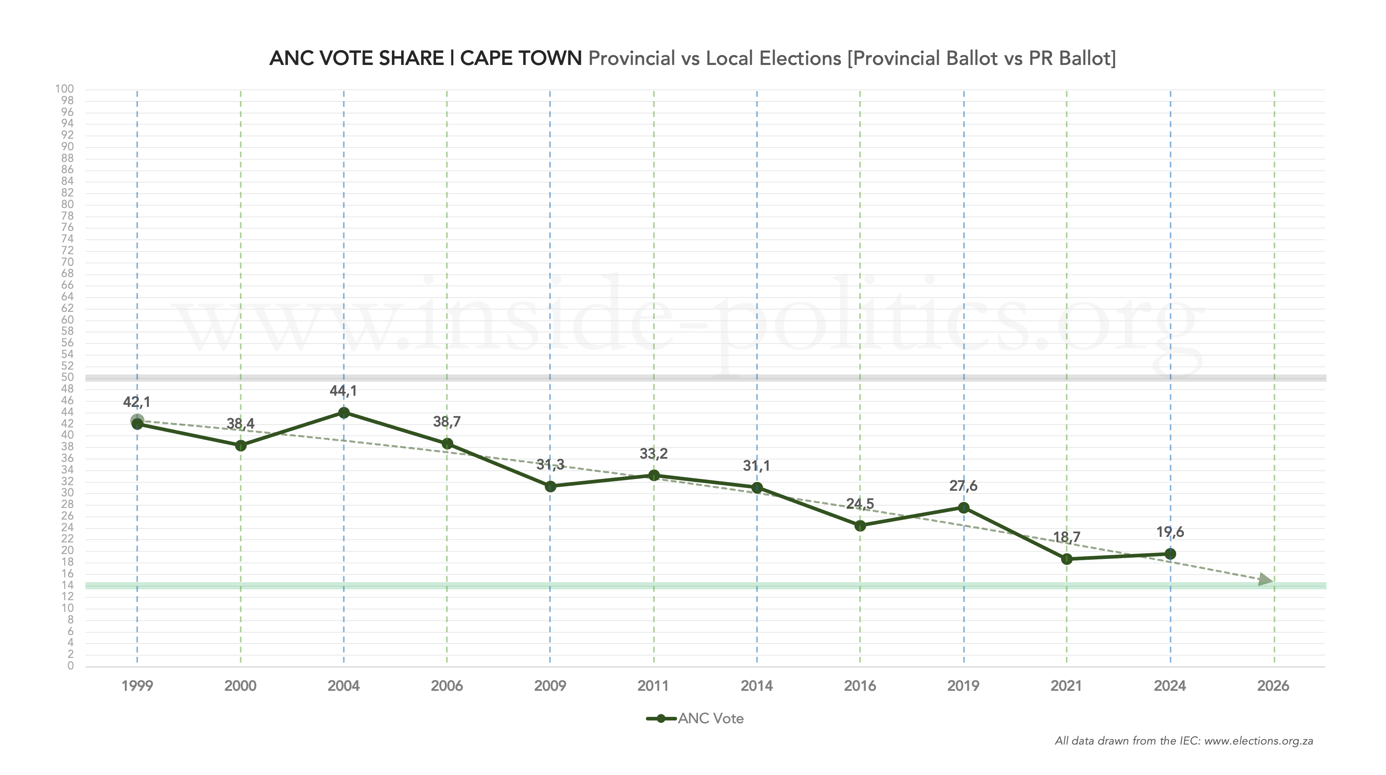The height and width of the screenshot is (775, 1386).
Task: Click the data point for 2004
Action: click(x=344, y=413)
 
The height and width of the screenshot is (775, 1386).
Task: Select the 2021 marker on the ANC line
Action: click(x=1067, y=559)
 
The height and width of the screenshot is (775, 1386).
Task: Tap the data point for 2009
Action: click(x=550, y=487)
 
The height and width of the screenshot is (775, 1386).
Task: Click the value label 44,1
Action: click(x=343, y=391)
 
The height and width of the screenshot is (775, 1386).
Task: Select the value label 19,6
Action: click(x=1170, y=532)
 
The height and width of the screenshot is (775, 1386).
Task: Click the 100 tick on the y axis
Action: click(x=65, y=89)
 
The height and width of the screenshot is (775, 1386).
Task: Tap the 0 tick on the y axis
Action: click(x=71, y=666)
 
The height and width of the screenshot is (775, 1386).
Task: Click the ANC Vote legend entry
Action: click(x=710, y=719)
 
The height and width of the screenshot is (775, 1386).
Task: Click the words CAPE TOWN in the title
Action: click(x=521, y=58)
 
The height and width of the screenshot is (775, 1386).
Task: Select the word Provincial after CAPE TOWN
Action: click(x=632, y=58)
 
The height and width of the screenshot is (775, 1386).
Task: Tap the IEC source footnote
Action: click(x=1184, y=741)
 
